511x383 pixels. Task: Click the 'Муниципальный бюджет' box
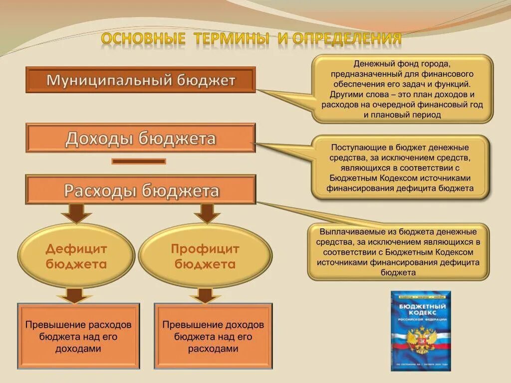tap(140, 80)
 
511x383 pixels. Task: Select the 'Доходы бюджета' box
tap(140, 138)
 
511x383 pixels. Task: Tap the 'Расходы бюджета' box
tap(140, 190)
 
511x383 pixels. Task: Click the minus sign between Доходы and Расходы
tap(139, 161)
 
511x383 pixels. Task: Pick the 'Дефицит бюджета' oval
tap(76, 256)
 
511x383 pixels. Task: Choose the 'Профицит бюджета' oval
tap(205, 256)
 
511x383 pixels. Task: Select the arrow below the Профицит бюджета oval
tap(205, 295)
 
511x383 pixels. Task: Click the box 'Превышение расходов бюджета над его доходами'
tap(78, 336)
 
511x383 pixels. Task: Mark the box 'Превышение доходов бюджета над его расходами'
tap(213, 336)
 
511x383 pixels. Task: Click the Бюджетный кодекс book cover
tap(420, 331)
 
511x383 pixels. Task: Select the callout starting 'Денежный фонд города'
tap(402, 89)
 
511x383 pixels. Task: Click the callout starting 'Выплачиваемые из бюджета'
tap(398, 252)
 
